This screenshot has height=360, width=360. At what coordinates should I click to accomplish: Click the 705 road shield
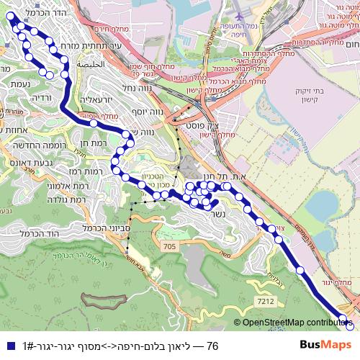pyautogui.click(x=168, y=247)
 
